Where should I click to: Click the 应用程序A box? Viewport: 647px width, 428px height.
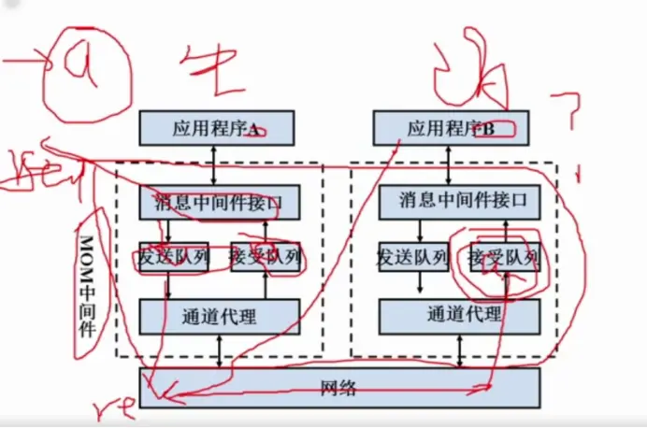point(215,128)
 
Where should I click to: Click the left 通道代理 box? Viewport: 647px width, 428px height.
point(220,316)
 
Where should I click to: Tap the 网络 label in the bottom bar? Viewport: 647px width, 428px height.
point(338,388)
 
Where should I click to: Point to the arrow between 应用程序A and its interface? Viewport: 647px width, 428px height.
point(216,164)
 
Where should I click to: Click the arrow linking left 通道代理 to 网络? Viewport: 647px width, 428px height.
point(220,350)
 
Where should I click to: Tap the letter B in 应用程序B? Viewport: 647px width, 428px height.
point(488,129)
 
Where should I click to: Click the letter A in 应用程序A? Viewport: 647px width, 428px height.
point(253,129)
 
